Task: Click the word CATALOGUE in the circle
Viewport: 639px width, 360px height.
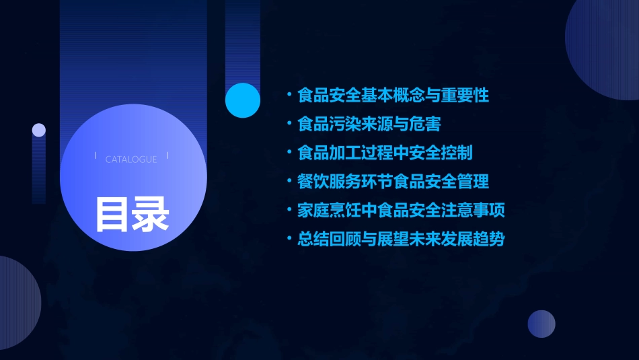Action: [x=131, y=159]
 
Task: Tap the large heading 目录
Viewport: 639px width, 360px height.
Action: [x=132, y=215]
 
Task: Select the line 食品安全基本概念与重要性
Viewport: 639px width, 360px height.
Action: [x=393, y=96]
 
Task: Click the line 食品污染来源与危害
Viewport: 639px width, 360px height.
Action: [x=369, y=124]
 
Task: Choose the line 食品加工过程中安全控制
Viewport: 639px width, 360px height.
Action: [x=385, y=153]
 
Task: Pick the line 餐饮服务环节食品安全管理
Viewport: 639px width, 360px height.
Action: [x=393, y=182]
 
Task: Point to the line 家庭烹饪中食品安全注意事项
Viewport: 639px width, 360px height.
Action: [x=402, y=211]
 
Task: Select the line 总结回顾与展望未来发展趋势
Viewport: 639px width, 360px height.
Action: [x=402, y=239]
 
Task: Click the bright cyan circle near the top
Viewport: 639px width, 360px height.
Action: [x=243, y=100]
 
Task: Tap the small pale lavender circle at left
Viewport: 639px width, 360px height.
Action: [x=39, y=130]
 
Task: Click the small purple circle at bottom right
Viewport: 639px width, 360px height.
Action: [x=541, y=324]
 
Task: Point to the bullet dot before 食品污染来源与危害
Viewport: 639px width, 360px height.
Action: [x=289, y=124]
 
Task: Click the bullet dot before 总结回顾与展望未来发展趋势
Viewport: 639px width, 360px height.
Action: [x=289, y=239]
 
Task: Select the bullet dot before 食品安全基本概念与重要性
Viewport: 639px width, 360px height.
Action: [x=289, y=96]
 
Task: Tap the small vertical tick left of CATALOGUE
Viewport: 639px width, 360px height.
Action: [x=96, y=155]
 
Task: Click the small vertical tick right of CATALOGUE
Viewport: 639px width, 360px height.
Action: [x=167, y=155]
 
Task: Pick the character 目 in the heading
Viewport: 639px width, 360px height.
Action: [x=112, y=215]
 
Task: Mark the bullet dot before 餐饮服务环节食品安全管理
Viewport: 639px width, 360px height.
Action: [x=289, y=182]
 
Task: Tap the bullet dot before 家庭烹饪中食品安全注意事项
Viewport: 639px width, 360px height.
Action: [x=289, y=211]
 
